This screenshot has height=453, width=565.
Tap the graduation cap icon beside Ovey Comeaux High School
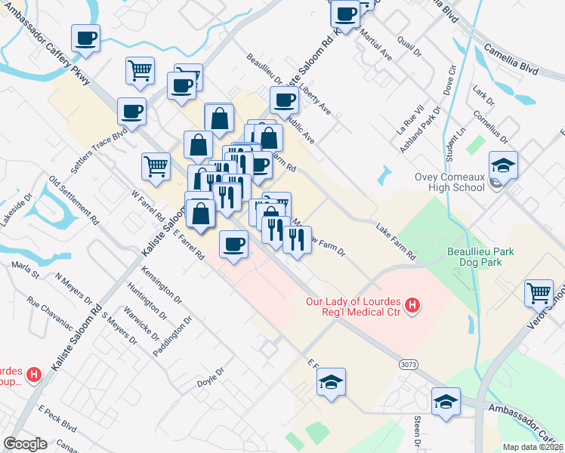tap(503, 165)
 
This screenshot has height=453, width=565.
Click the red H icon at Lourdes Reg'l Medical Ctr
tap(412, 305)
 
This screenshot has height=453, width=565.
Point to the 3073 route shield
tap(409, 364)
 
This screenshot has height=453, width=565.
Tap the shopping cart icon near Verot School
tap(539, 292)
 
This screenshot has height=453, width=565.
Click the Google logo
tap(26, 444)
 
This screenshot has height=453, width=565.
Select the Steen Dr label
tap(416, 431)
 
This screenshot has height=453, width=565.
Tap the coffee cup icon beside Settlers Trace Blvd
tap(131, 112)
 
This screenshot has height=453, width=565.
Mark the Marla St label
tap(26, 269)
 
